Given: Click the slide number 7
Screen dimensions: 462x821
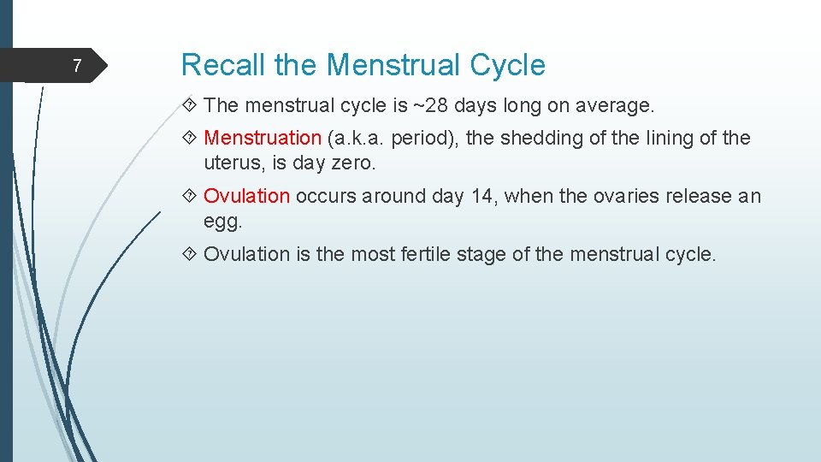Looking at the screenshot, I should [x=77, y=66].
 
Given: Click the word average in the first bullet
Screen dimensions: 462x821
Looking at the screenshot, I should [x=612, y=106].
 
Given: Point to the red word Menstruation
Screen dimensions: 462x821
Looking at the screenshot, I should [x=263, y=138].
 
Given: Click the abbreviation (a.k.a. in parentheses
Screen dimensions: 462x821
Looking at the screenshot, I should [x=357, y=138].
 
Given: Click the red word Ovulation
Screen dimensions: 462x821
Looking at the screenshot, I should [x=247, y=196].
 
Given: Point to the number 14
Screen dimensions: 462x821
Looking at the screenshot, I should [x=482, y=196].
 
